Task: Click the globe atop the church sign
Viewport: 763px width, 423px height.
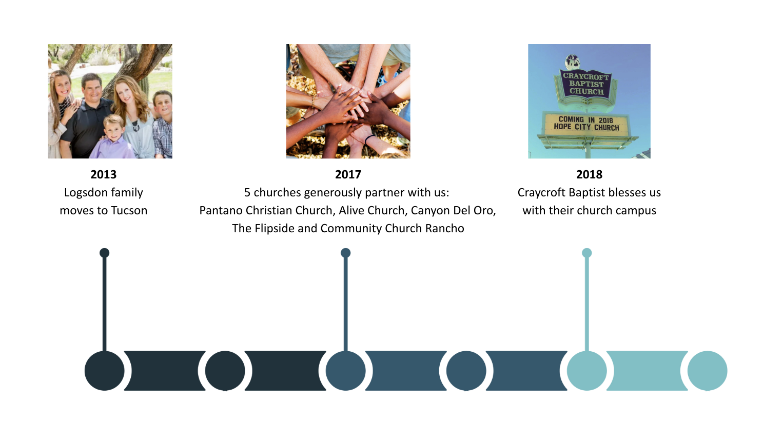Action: pyautogui.click(x=573, y=63)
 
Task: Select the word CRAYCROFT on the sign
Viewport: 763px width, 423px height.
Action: pyautogui.click(x=586, y=76)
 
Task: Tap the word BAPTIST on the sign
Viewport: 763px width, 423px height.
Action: pyautogui.click(x=586, y=84)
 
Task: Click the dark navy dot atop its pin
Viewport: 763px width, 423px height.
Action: pyautogui.click(x=105, y=253)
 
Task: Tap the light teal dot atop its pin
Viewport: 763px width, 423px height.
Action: pyautogui.click(x=586, y=253)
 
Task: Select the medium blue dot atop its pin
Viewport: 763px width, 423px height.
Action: pyautogui.click(x=345, y=253)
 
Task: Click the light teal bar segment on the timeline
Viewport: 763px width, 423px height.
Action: pyautogui.click(x=647, y=371)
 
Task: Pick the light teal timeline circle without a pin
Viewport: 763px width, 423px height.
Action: pyautogui.click(x=707, y=371)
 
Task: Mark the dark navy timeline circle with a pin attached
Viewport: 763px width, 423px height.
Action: pyautogui.click(x=105, y=371)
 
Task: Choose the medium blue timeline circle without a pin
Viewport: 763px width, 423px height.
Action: pyautogui.click(x=466, y=371)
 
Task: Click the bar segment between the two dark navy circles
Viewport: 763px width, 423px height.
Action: pyautogui.click(x=165, y=371)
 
